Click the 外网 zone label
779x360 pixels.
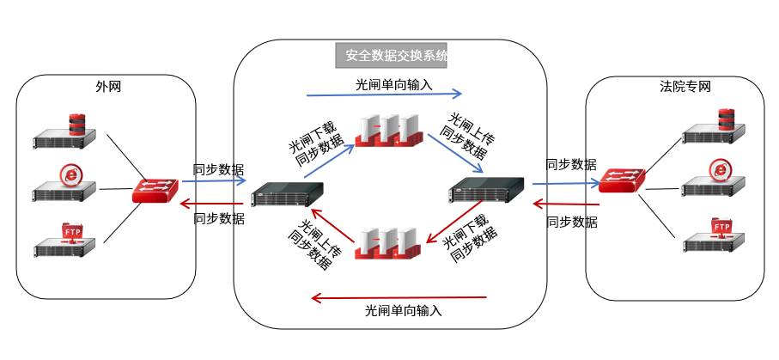[107, 87]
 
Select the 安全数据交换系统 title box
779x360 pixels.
[392, 56]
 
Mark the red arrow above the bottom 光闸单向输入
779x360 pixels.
[399, 298]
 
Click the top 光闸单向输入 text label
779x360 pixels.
[393, 84]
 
